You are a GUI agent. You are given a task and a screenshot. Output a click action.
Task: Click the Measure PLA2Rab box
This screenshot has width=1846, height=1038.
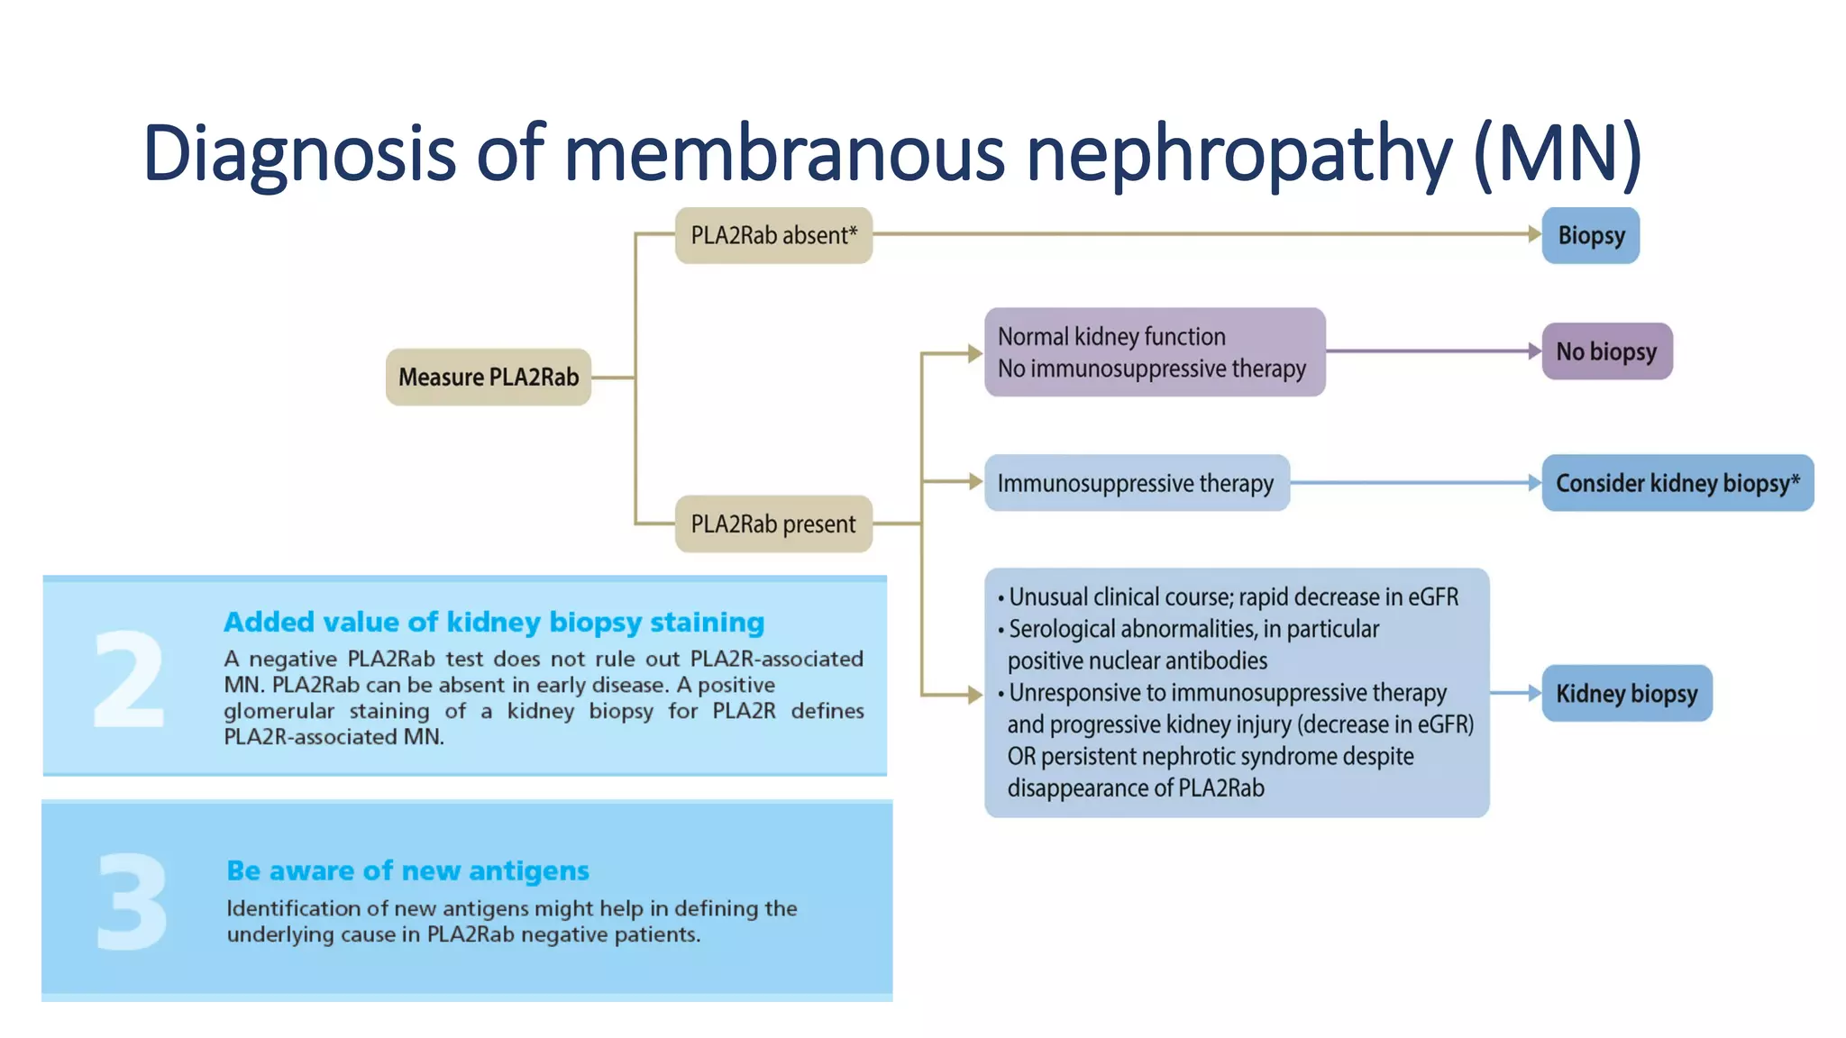pos(489,377)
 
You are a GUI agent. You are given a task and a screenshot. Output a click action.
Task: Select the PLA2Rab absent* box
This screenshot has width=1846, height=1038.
pos(773,235)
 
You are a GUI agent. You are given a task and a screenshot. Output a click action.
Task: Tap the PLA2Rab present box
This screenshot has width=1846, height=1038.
pos(773,524)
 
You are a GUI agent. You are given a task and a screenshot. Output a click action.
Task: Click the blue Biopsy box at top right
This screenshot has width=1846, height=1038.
pos(1591,235)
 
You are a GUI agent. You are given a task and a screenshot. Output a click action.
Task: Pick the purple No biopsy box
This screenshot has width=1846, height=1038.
pos(1606,351)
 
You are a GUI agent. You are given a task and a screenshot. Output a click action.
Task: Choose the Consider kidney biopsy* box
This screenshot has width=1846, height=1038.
pos(1677,483)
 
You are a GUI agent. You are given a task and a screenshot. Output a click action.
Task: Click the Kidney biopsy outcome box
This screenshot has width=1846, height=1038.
pos(1626,693)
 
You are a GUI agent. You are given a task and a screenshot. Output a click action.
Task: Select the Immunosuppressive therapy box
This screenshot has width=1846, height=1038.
pos(1136,483)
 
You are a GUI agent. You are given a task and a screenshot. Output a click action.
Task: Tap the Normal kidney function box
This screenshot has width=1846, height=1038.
pos(1154,352)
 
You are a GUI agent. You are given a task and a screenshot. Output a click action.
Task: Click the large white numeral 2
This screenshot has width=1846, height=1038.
pos(129,679)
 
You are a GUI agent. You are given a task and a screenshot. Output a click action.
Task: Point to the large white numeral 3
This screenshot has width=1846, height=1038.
pos(132,902)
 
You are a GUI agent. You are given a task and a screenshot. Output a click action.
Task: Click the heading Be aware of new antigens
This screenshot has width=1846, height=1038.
pos(407,870)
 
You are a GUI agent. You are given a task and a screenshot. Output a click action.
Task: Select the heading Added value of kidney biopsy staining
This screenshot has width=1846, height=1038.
pos(494,622)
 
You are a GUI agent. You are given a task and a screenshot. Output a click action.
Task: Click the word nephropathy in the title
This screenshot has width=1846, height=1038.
pos(1239,153)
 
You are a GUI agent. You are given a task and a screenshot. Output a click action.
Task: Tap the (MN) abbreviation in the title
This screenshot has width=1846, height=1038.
pos(1558,153)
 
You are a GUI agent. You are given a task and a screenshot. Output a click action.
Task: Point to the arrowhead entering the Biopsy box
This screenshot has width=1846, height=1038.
pos(1534,234)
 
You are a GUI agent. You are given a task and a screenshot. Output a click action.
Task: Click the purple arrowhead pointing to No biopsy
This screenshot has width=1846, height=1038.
pos(1534,351)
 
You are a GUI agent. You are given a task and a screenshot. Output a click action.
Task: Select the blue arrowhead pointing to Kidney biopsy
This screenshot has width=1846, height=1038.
pos(1534,693)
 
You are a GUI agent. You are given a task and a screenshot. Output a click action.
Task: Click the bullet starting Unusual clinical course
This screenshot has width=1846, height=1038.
pos(1231,596)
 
